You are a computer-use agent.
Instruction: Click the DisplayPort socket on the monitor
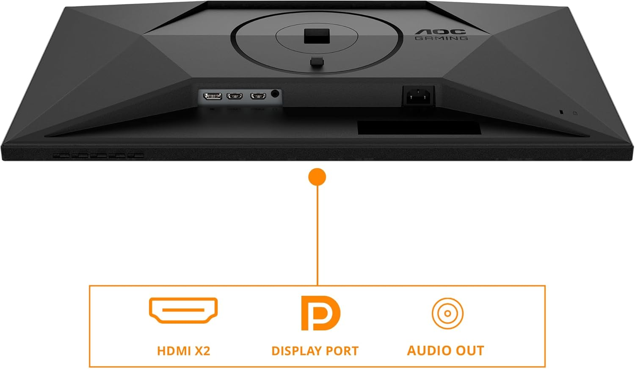[x=213, y=96]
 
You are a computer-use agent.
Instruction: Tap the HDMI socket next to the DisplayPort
[x=235, y=96]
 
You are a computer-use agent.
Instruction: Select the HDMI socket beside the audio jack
[x=258, y=96]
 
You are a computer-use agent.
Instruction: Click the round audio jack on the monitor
[x=275, y=94]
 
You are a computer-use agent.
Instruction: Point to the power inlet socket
[x=418, y=96]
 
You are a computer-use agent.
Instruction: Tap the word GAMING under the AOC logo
[x=442, y=38]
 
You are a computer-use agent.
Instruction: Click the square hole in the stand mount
[x=317, y=36]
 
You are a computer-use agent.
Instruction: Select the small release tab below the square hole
[x=317, y=62]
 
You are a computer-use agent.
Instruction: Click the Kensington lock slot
[x=561, y=112]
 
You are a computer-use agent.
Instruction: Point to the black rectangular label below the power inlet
[x=419, y=128]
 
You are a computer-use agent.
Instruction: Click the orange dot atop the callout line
[x=317, y=177]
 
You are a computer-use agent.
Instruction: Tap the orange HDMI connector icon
[x=183, y=310]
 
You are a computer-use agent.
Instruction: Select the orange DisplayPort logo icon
[x=320, y=313]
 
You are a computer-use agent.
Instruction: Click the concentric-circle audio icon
[x=447, y=314]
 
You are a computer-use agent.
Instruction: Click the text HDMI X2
[x=184, y=351]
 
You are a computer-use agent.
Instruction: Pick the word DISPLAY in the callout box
[x=296, y=351]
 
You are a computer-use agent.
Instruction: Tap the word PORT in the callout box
[x=342, y=351]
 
